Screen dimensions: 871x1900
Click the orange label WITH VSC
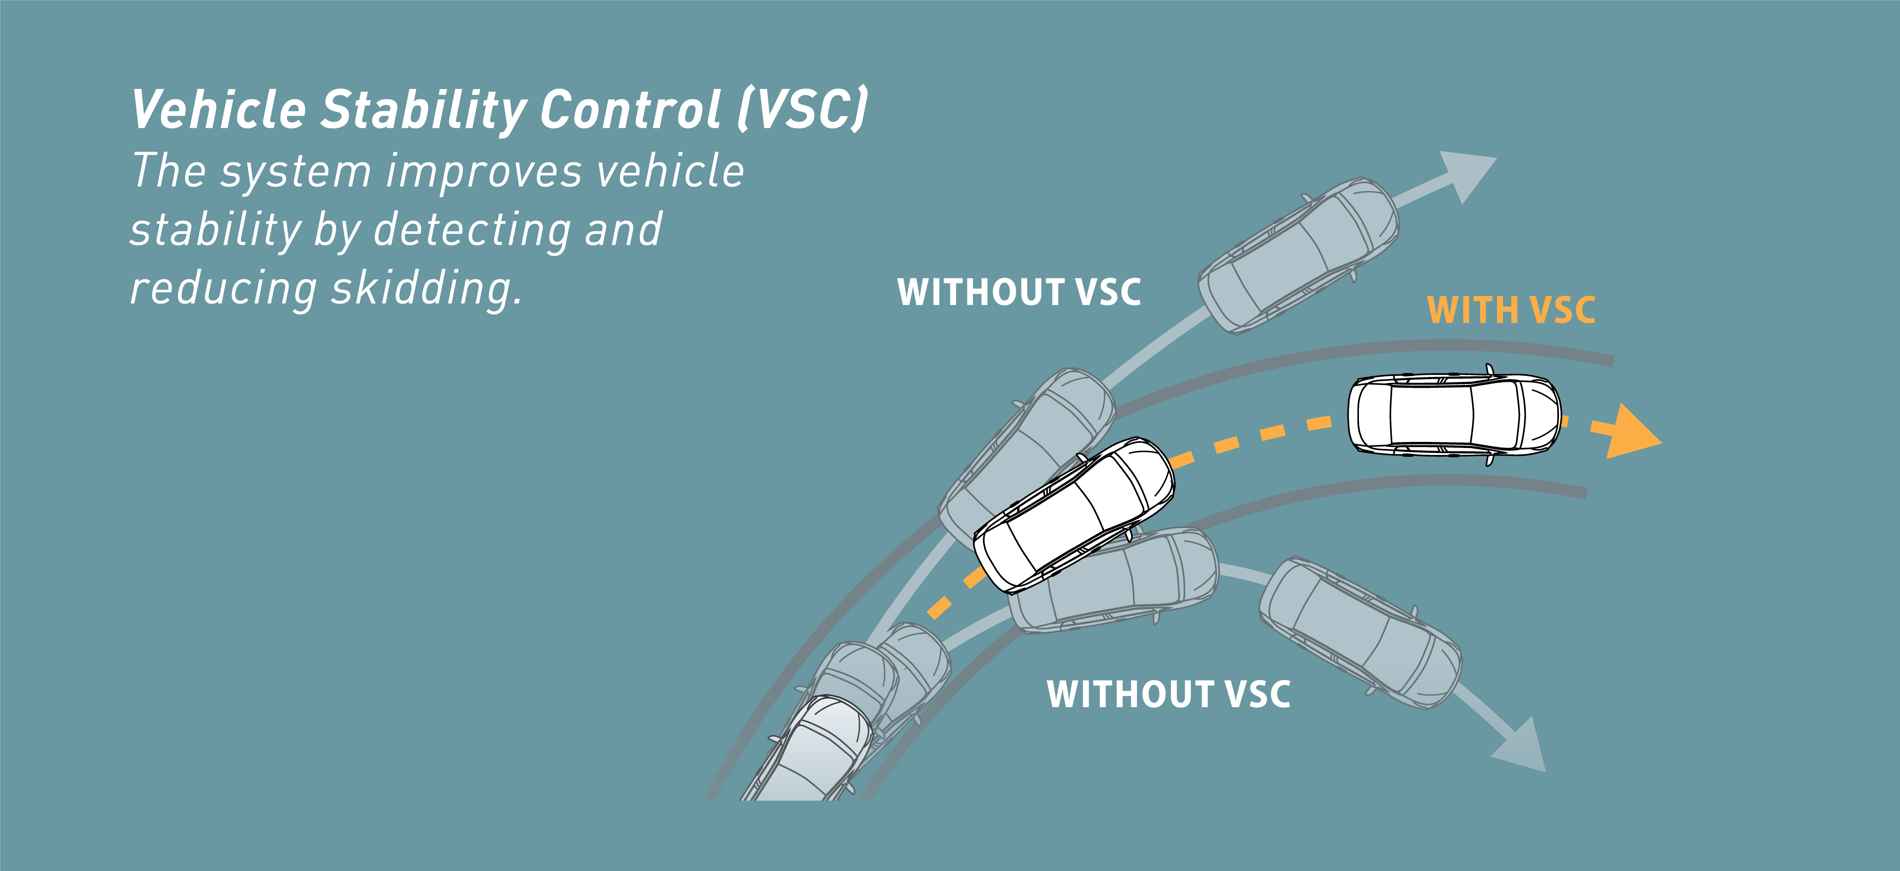pos(1511,310)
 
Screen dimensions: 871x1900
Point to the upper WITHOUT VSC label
pos(1019,292)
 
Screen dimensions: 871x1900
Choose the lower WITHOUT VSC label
pos(1168,695)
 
